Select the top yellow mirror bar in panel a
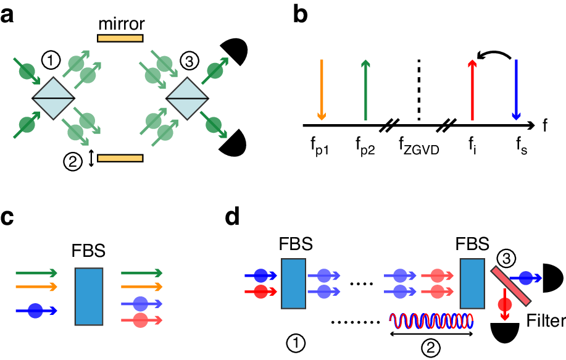point(120,38)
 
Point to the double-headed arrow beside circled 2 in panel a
point(91,159)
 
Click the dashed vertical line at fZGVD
point(419,90)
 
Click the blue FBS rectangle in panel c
point(88,296)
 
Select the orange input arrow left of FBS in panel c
point(37,287)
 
